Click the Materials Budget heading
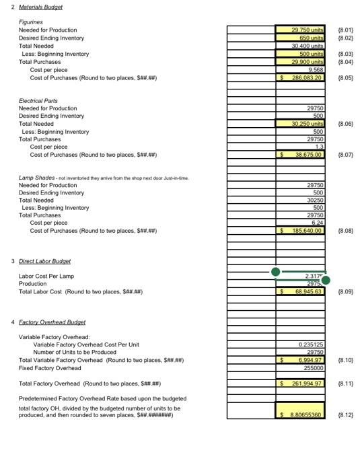point(42,7)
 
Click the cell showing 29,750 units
point(301,30)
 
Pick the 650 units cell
point(301,38)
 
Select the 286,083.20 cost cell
point(301,78)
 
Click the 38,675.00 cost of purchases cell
point(301,155)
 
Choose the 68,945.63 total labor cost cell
point(301,292)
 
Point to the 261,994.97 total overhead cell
point(301,384)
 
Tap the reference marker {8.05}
point(343,78)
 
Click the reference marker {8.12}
point(343,416)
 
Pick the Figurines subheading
point(30,22)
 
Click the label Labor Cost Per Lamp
point(46,277)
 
